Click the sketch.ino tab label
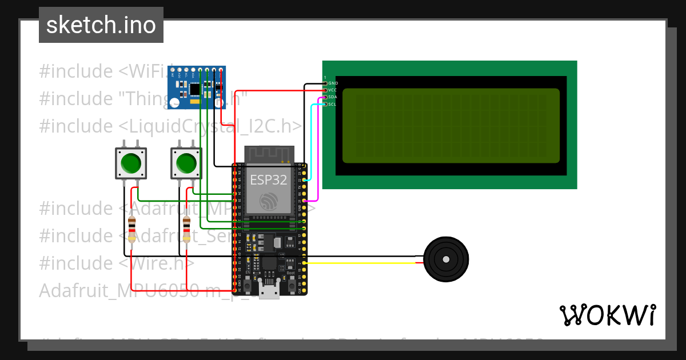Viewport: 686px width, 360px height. point(101,25)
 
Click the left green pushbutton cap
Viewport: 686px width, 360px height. point(131,163)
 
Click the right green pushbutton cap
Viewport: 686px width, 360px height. point(186,163)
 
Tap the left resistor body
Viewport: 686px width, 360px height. point(132,229)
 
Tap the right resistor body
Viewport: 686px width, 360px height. point(186,229)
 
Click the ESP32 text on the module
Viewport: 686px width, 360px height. point(268,181)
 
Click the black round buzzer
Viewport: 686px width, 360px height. point(445,259)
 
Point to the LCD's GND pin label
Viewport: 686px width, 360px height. point(333,83)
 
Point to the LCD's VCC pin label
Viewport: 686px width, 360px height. point(333,90)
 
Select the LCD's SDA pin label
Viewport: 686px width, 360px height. point(333,97)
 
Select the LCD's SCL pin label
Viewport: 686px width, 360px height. point(333,104)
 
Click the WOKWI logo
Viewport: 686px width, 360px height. point(607,315)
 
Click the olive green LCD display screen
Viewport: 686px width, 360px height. point(450,125)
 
